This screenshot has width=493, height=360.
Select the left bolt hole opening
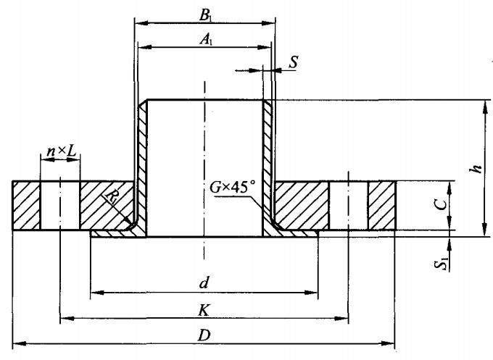point(59,206)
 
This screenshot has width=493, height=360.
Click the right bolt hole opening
point(349,206)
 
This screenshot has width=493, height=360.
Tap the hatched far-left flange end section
point(26,206)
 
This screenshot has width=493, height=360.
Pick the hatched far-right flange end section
point(381,206)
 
